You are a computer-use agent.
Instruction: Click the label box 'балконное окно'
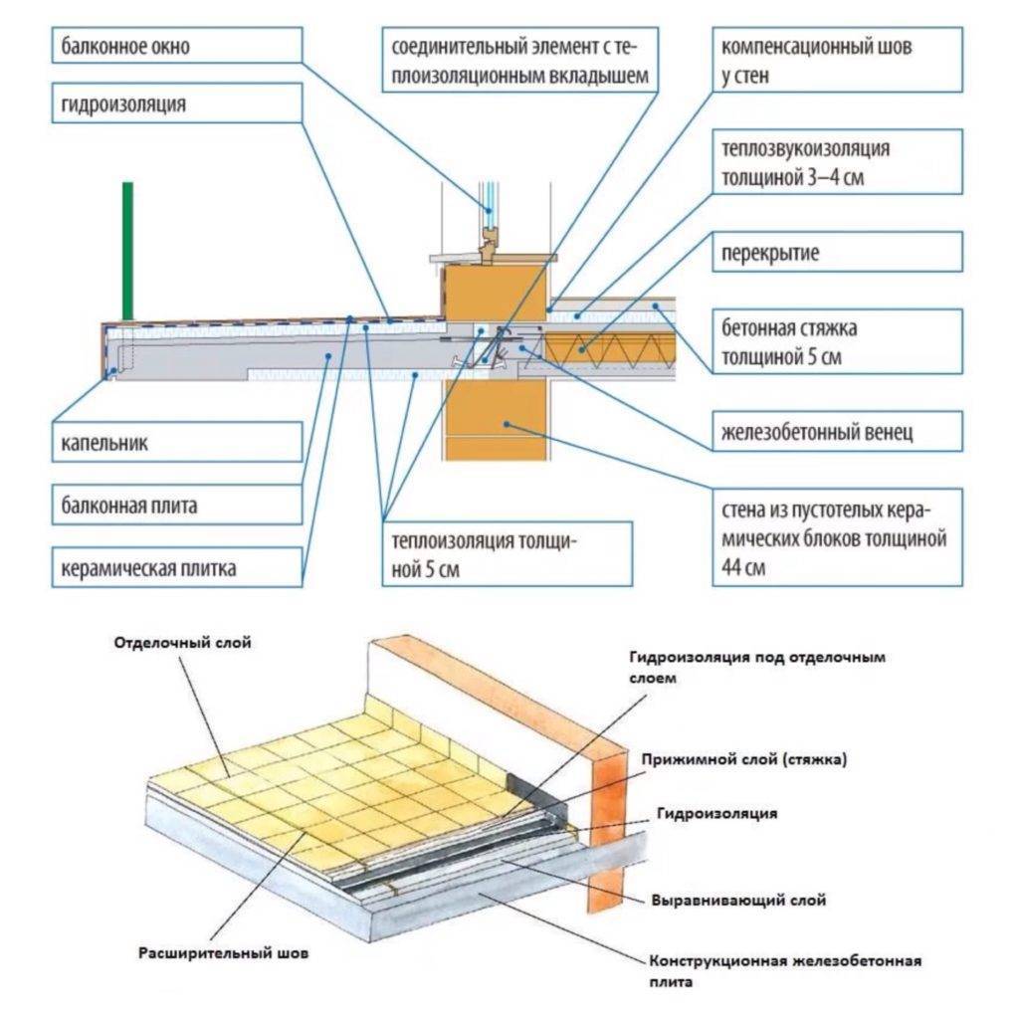tap(176, 47)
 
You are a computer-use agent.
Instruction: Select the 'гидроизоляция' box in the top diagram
tap(176, 104)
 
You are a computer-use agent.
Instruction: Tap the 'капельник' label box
tap(176, 442)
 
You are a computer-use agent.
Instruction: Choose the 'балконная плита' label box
tap(176, 506)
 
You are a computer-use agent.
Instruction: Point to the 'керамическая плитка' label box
tap(176, 570)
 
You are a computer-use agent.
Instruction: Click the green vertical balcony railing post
tap(127, 250)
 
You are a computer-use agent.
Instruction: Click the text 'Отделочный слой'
tap(183, 643)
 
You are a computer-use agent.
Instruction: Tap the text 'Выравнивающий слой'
tap(738, 900)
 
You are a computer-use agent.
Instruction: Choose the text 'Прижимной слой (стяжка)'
tap(744, 760)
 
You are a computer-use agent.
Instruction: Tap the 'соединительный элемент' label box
tap(518, 60)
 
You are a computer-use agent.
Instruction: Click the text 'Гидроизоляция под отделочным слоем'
tap(756, 667)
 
